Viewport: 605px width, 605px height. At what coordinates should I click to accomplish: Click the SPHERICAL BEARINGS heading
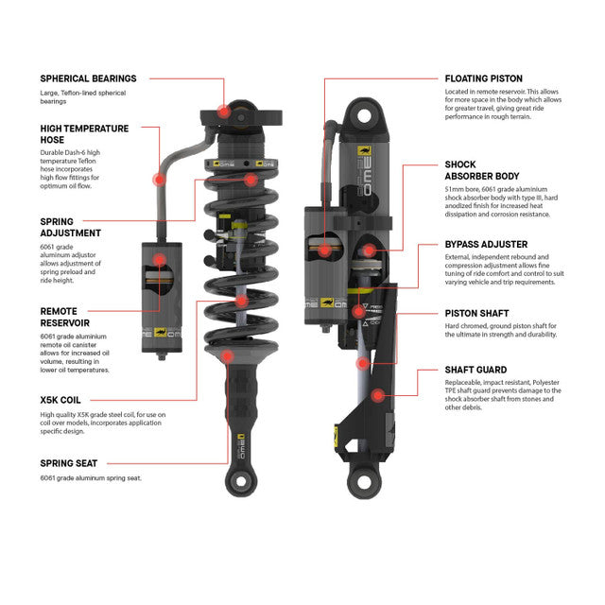pyautogui.click(x=88, y=78)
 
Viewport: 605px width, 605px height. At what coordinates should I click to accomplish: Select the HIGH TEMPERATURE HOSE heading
pyautogui.click(x=85, y=133)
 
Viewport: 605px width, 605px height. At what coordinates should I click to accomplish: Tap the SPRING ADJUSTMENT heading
pyautogui.click(x=71, y=226)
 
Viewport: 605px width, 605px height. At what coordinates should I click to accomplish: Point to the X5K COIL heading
pyautogui.click(x=66, y=399)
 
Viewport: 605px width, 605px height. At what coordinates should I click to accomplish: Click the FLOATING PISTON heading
pyautogui.click(x=483, y=78)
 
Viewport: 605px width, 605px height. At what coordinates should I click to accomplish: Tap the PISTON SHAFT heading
pyautogui.click(x=477, y=312)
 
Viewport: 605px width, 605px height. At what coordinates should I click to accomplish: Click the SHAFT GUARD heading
pyautogui.click(x=475, y=370)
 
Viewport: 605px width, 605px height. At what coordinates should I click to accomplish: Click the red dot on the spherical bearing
pyautogui.click(x=223, y=111)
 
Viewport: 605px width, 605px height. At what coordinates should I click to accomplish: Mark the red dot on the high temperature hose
pyautogui.click(x=160, y=178)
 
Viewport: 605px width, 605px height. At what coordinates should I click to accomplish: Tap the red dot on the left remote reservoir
pyautogui.click(x=159, y=258)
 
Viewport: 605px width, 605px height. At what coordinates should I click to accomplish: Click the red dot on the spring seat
pyautogui.click(x=228, y=356)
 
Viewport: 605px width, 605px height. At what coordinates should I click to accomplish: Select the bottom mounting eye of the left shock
pyautogui.click(x=233, y=487)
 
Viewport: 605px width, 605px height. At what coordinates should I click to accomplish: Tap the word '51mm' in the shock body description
pyautogui.click(x=455, y=189)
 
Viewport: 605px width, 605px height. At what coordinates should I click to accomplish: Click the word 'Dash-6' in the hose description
pyautogui.click(x=93, y=152)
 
